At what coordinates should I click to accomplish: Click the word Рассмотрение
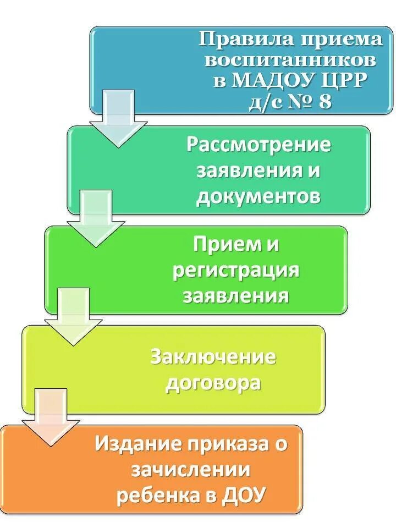258,145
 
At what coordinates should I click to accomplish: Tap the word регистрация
236,271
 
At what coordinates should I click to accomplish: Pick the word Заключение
213,358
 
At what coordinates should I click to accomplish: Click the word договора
213,383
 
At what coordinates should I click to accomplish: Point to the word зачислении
191,470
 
